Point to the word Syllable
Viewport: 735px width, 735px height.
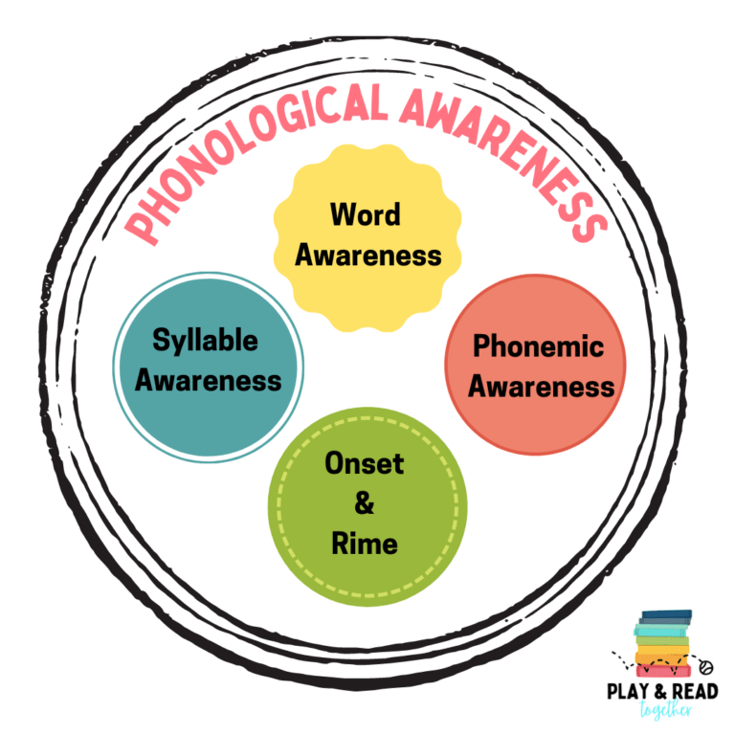coord(206,340)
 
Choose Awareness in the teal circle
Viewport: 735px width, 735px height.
coord(209,380)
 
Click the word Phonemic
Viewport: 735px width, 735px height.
coord(539,345)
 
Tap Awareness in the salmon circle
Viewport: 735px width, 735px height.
coord(541,387)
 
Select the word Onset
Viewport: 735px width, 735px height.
coord(364,464)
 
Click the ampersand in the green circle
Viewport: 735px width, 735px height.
coord(364,504)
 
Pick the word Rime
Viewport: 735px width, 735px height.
coord(364,545)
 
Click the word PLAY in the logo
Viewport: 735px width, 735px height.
coord(628,692)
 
